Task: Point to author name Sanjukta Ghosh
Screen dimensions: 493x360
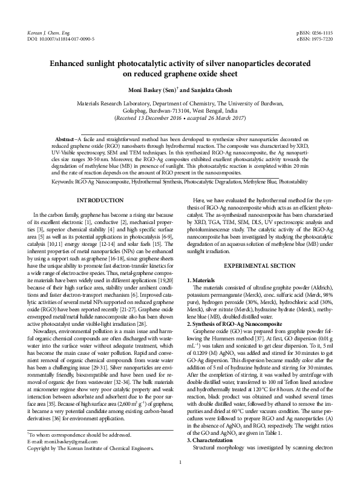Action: [210, 90]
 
